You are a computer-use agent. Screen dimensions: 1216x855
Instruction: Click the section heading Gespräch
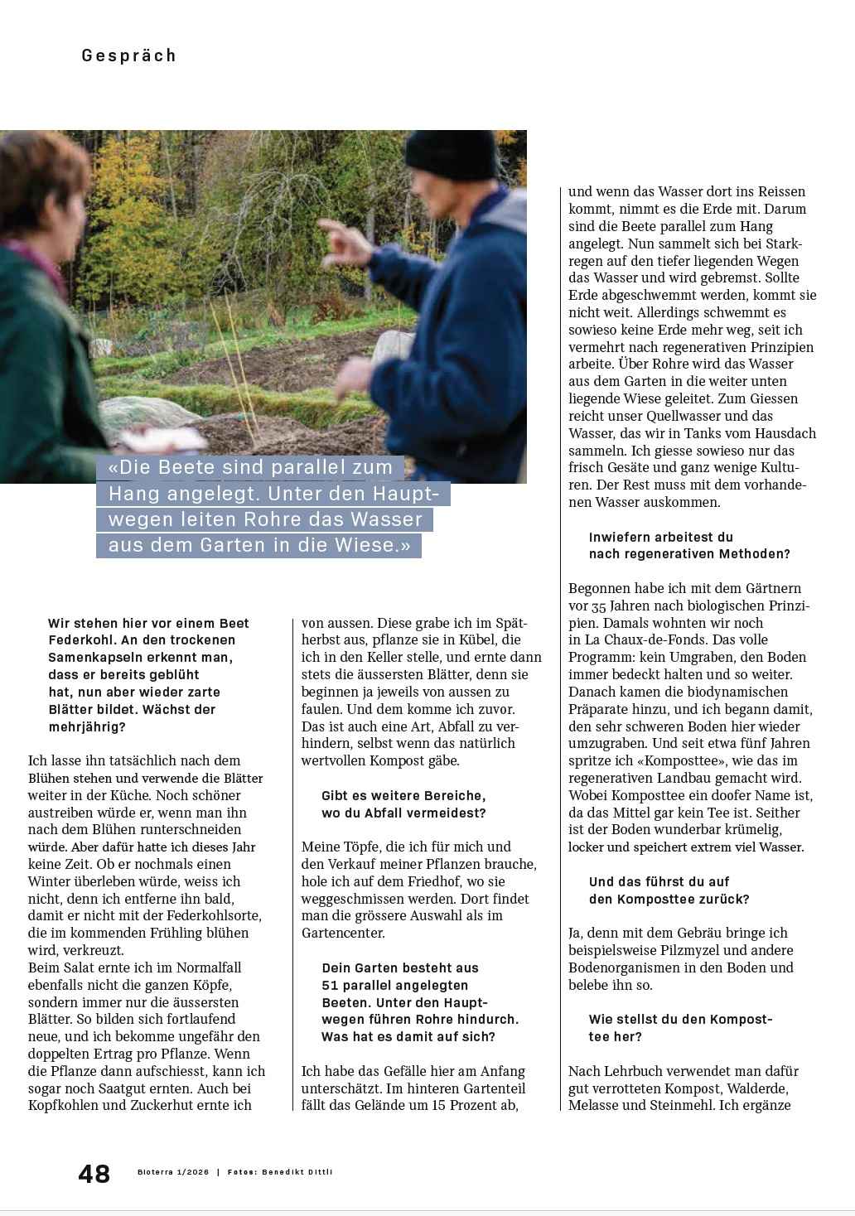[128, 55]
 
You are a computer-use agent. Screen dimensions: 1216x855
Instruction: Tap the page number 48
[94, 1174]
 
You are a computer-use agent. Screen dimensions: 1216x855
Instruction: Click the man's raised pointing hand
[341, 233]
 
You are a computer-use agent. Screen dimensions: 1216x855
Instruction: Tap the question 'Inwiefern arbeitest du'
[660, 537]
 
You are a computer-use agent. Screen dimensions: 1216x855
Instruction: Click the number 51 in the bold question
[331, 985]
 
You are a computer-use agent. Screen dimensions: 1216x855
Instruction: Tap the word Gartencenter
[342, 933]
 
